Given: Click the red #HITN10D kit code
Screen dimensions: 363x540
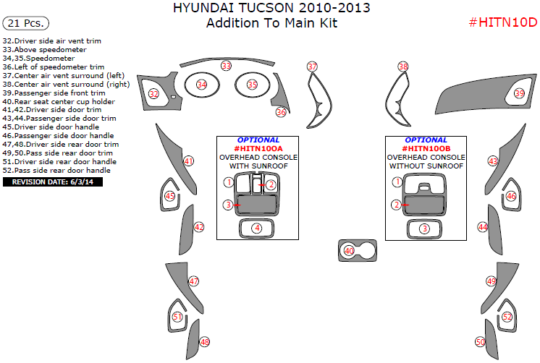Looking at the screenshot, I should tap(502, 22).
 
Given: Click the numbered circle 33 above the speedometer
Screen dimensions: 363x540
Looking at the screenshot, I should tap(227, 66).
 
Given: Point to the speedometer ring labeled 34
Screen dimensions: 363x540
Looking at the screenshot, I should tap(202, 85).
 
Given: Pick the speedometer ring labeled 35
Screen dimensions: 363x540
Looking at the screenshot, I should tap(252, 85).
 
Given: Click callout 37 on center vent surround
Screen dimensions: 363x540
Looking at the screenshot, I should tap(312, 67).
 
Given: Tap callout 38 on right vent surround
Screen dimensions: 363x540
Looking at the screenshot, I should tap(402, 67).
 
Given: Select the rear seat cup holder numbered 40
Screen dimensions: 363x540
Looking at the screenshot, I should tap(349, 250).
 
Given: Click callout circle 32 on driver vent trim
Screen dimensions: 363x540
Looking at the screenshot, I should tap(153, 94).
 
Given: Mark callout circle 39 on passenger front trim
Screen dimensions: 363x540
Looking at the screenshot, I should tap(519, 93).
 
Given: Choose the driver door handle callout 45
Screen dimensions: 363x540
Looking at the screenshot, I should tap(169, 196).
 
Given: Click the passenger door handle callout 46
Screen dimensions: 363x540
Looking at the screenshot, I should tap(510, 196).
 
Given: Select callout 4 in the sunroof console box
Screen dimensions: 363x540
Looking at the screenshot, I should tap(256, 228).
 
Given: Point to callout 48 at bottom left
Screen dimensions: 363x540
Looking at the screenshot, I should tap(205, 342).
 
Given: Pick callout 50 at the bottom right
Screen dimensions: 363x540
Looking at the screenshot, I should tap(480, 341).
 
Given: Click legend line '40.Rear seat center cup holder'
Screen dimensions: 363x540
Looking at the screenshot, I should tap(59, 101).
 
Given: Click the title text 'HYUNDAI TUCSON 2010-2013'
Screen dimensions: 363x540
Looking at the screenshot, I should tap(271, 8).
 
